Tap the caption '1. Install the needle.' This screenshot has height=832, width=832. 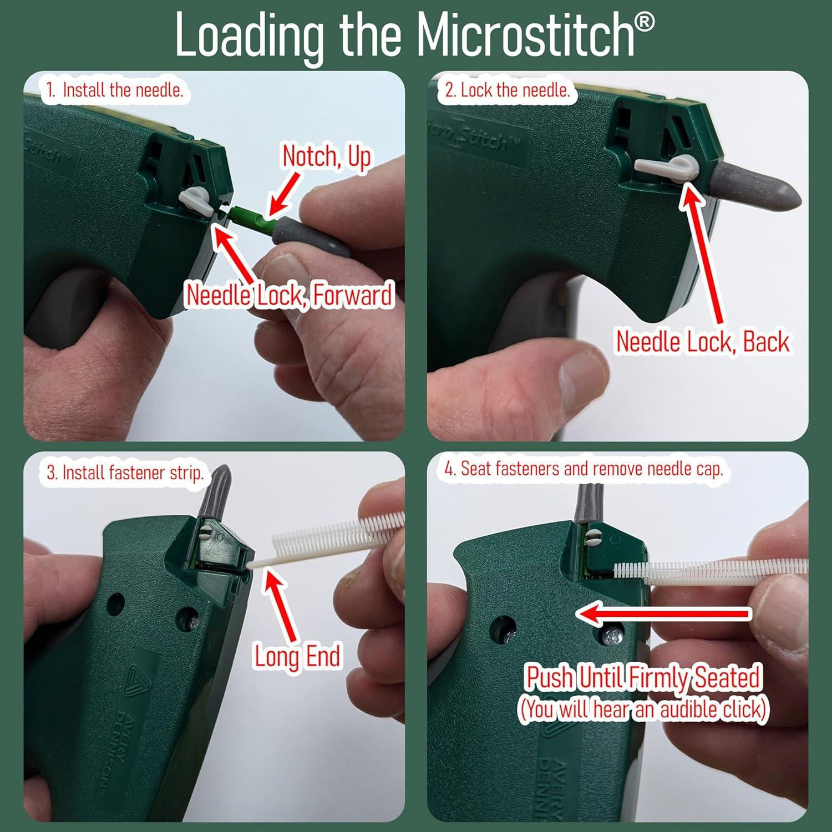click(114, 90)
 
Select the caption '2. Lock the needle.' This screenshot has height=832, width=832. click(508, 90)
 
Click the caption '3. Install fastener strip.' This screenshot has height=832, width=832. click(125, 473)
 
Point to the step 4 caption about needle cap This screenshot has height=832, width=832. click(584, 469)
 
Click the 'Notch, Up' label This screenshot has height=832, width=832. click(327, 156)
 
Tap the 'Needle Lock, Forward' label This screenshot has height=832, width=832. click(289, 295)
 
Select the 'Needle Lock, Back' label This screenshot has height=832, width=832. click(703, 341)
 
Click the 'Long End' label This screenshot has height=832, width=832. click(297, 656)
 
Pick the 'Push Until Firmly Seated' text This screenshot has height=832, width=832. click(643, 677)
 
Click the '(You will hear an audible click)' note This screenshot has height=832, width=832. click(643, 709)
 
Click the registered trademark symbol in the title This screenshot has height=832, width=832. click(644, 22)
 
